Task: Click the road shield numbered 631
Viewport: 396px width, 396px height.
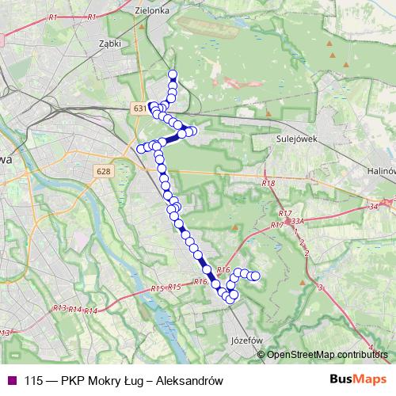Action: (140, 107)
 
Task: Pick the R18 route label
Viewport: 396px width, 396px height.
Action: (268, 184)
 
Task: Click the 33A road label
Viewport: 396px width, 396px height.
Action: (297, 222)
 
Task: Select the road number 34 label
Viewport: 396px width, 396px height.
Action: (374, 208)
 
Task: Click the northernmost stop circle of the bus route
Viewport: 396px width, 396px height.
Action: (173, 74)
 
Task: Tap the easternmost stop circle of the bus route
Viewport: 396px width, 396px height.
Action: (256, 276)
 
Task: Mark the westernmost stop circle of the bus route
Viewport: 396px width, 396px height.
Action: (142, 148)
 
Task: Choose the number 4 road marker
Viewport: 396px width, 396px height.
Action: (383, 358)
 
